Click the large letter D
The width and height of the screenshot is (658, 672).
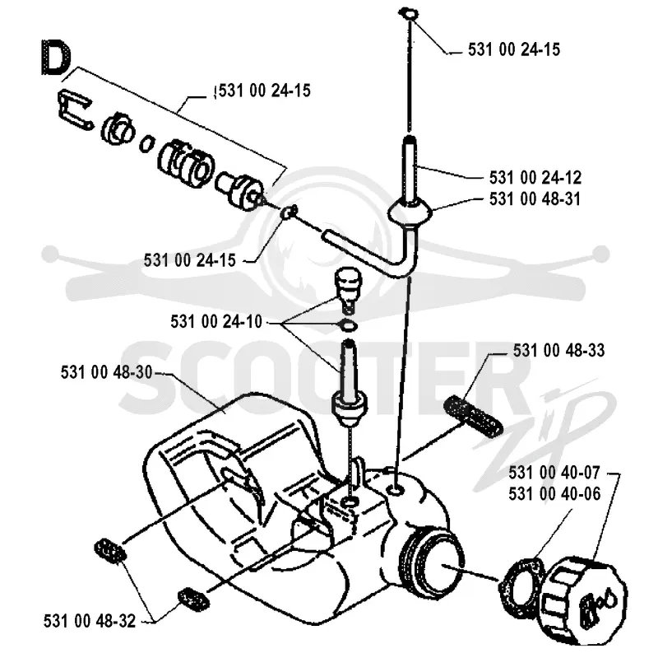(56, 58)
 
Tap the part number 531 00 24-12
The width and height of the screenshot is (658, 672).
(535, 177)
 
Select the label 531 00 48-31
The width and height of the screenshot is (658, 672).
(535, 198)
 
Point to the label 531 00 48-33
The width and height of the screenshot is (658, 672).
(558, 351)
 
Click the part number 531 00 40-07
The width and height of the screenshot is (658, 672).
(554, 473)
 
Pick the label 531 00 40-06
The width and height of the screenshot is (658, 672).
(554, 494)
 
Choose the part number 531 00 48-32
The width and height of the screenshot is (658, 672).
(90, 621)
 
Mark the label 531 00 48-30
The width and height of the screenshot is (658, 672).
(107, 372)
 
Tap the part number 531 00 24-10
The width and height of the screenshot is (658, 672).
(216, 321)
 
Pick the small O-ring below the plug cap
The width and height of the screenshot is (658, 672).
(349, 325)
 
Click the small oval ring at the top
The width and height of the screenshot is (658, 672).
(408, 13)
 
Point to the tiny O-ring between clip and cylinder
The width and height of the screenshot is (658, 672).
(146, 142)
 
